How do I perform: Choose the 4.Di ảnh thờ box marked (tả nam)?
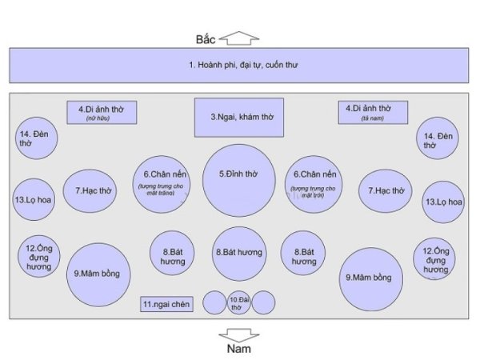tap(374, 113)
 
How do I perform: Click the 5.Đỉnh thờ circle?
tap(240, 179)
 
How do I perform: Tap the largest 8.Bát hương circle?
tap(240, 253)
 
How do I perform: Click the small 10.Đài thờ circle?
tap(239, 302)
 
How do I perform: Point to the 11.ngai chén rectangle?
tap(168, 304)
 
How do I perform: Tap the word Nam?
tap(239, 349)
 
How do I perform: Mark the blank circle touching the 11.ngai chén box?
tap(214, 302)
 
